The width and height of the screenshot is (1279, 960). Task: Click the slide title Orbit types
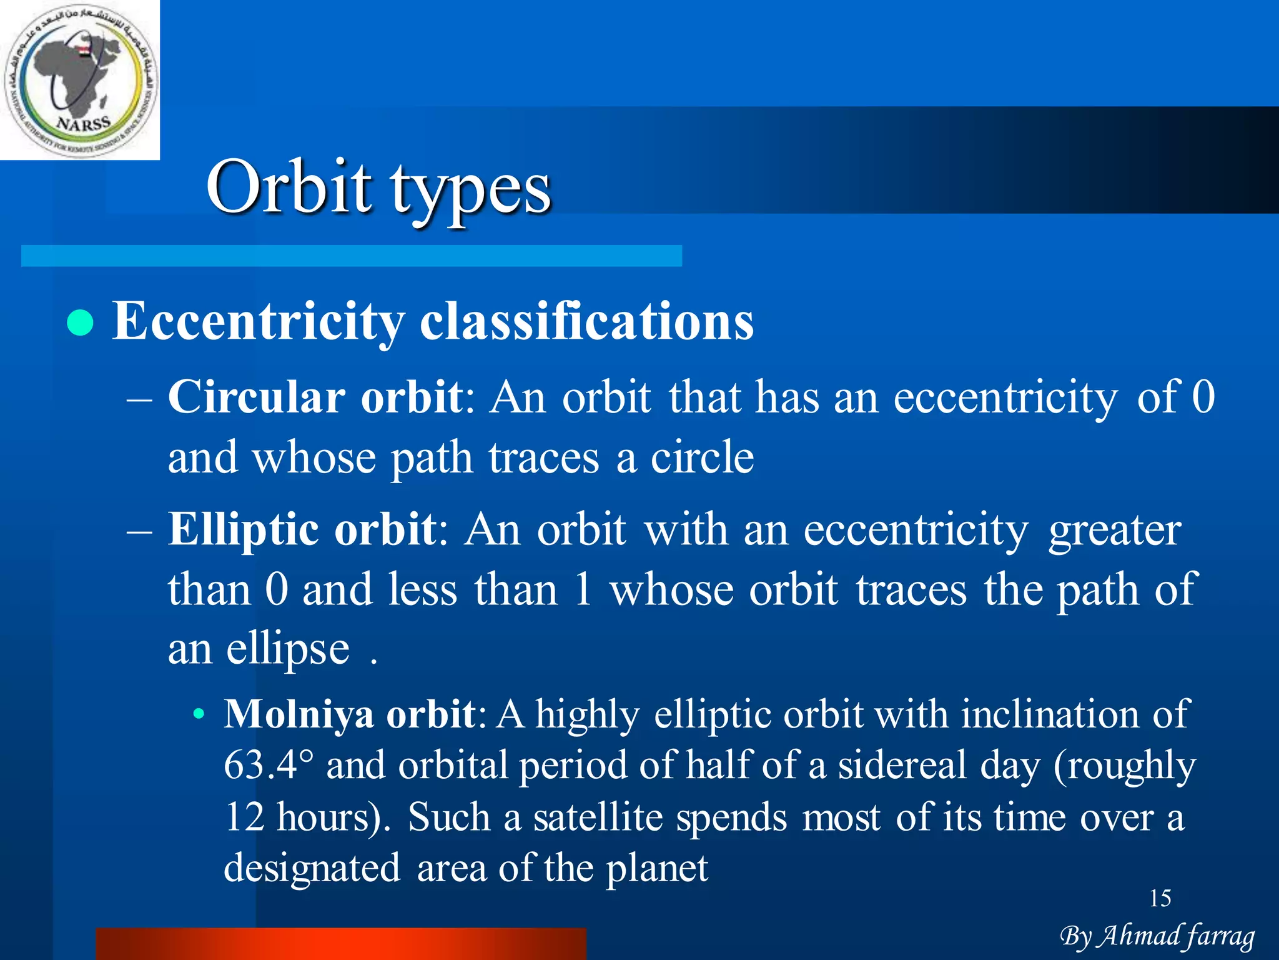[378, 187]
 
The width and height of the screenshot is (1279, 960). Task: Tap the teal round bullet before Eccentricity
[80, 323]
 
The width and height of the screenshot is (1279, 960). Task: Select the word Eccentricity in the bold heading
[258, 321]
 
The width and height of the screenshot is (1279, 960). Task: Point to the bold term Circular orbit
[315, 397]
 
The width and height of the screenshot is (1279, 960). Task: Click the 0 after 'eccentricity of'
[1203, 397]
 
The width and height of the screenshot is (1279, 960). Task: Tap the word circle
[702, 458]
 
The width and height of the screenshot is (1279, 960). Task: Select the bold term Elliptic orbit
[302, 530]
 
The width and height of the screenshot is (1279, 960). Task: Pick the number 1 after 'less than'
[582, 589]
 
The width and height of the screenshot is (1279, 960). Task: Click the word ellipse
[287, 650]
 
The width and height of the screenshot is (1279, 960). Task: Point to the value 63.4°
[269, 765]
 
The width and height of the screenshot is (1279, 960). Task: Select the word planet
[657, 869]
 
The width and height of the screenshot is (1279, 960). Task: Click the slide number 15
[1160, 899]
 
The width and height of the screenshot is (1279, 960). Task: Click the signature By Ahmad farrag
[1157, 936]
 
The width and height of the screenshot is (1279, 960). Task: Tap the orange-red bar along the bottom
[341, 944]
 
